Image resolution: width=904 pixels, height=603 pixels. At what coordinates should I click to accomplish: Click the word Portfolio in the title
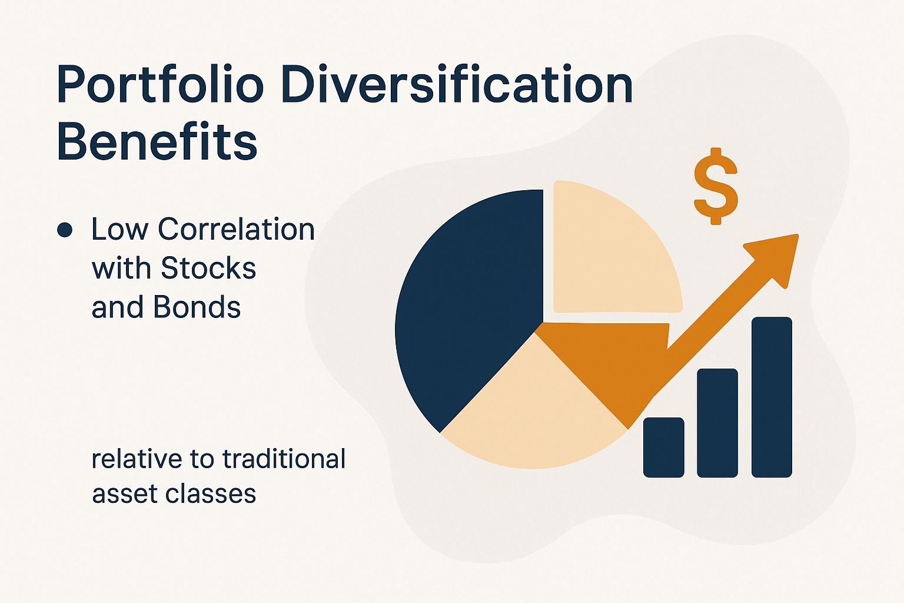[x=159, y=85]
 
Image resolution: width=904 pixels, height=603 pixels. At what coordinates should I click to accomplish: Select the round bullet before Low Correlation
[x=65, y=230]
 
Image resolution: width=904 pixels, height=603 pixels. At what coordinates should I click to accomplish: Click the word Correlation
[x=236, y=230]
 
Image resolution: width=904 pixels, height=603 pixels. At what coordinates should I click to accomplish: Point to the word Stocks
[x=208, y=269]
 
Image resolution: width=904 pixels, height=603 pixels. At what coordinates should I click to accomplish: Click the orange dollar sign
[x=716, y=185]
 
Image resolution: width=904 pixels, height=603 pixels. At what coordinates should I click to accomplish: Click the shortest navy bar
[x=663, y=447]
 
